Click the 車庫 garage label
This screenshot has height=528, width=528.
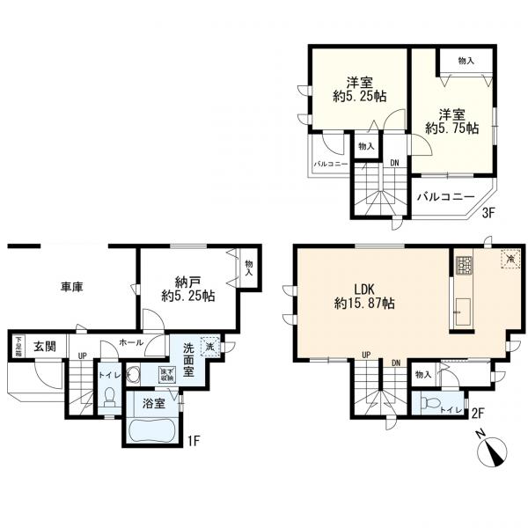[73, 287]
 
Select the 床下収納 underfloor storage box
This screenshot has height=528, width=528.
[166, 374]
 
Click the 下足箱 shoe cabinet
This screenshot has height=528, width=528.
[16, 345]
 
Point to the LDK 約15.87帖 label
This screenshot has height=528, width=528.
[363, 296]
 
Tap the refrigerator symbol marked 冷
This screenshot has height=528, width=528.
[508, 259]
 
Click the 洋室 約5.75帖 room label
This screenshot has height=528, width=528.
[451, 121]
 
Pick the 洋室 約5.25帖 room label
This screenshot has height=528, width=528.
[357, 89]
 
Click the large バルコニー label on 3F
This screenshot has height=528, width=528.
[445, 197]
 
